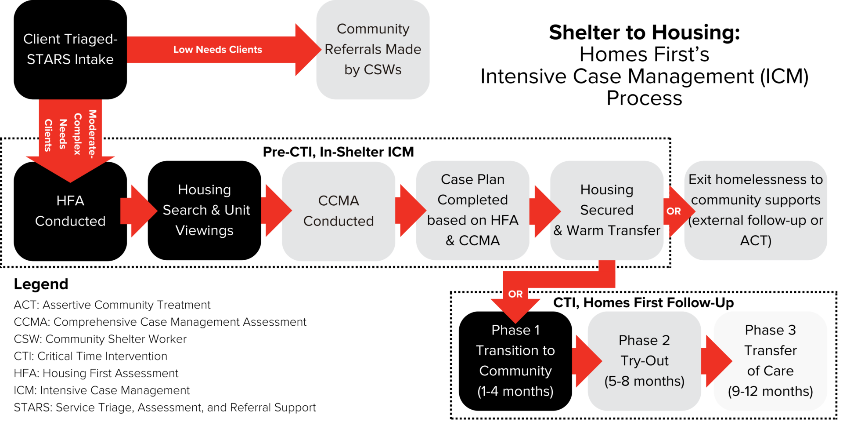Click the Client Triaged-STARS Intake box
coord(70,49)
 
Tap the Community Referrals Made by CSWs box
coord(373,49)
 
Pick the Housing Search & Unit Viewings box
coord(205,210)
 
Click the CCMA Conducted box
coord(339,211)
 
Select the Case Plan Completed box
coord(472,210)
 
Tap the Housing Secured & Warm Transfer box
coord(607,210)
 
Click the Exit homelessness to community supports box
coord(755,210)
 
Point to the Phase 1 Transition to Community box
coord(515,361)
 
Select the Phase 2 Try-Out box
coord(644,361)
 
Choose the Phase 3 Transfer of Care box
coord(770,361)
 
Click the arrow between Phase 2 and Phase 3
coord(716,361)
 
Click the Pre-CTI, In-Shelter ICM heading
coord(338,152)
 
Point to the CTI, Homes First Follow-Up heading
coord(643,303)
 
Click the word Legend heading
coord(41,284)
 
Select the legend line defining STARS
coord(165,407)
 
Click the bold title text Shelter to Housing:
coord(644,33)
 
